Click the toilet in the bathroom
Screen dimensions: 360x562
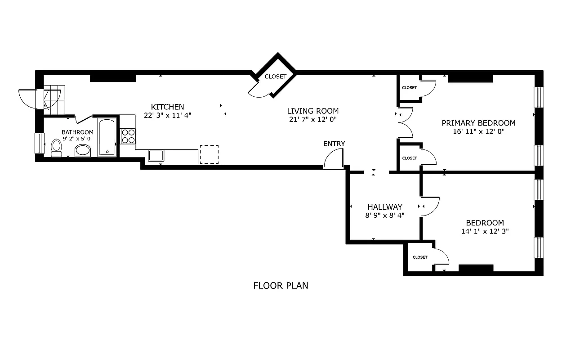pos(57,148)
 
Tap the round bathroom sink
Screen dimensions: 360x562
pos(82,150)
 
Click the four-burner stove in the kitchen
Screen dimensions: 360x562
pos(128,136)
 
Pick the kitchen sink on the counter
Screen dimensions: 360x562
pos(156,156)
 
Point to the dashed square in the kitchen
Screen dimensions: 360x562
pos(209,154)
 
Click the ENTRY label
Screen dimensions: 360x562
pos(334,144)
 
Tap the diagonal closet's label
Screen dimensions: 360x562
pos(275,76)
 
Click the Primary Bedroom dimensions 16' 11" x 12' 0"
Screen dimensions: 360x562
pos(478,132)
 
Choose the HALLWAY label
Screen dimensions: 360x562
pos(384,207)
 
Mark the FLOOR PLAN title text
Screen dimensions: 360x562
pos(281,285)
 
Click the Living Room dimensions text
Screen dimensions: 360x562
pos(313,119)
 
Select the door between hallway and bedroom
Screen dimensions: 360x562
pos(429,207)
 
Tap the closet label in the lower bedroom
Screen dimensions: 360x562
pos(420,257)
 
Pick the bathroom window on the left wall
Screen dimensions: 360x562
pos(40,143)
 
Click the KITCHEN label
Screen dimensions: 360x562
pos(167,107)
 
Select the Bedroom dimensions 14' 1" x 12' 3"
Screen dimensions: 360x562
pos(485,231)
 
